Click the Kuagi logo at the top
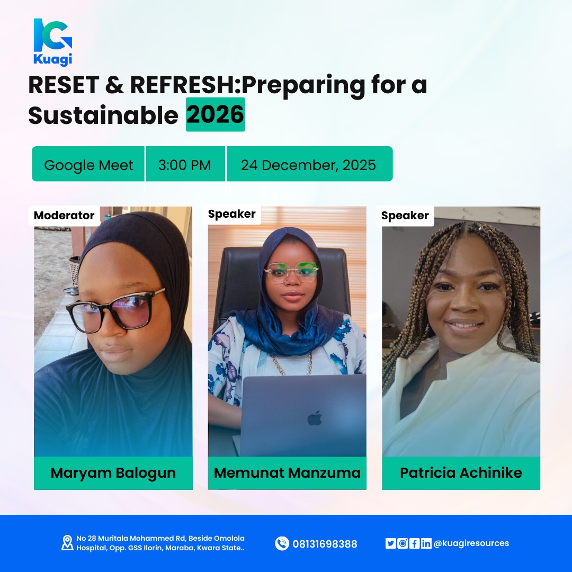coord(52,41)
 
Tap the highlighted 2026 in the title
coord(215,114)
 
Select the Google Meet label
coord(88,165)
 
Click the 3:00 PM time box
coord(184,165)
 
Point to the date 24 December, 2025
coord(308,165)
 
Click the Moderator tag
coord(64,216)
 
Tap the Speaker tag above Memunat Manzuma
coord(232,214)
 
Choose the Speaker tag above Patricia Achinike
coord(405,216)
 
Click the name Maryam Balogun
coord(113,473)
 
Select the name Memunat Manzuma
coord(287,473)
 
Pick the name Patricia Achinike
coord(461,473)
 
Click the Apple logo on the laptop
coord(315,418)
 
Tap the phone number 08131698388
coord(325,544)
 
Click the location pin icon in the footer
coord(67,543)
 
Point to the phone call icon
coord(282,543)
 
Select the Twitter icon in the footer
coord(390,543)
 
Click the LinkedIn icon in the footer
coord(426,543)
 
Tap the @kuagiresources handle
coord(471,543)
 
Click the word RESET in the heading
coord(63,86)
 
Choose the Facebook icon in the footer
coord(415,543)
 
